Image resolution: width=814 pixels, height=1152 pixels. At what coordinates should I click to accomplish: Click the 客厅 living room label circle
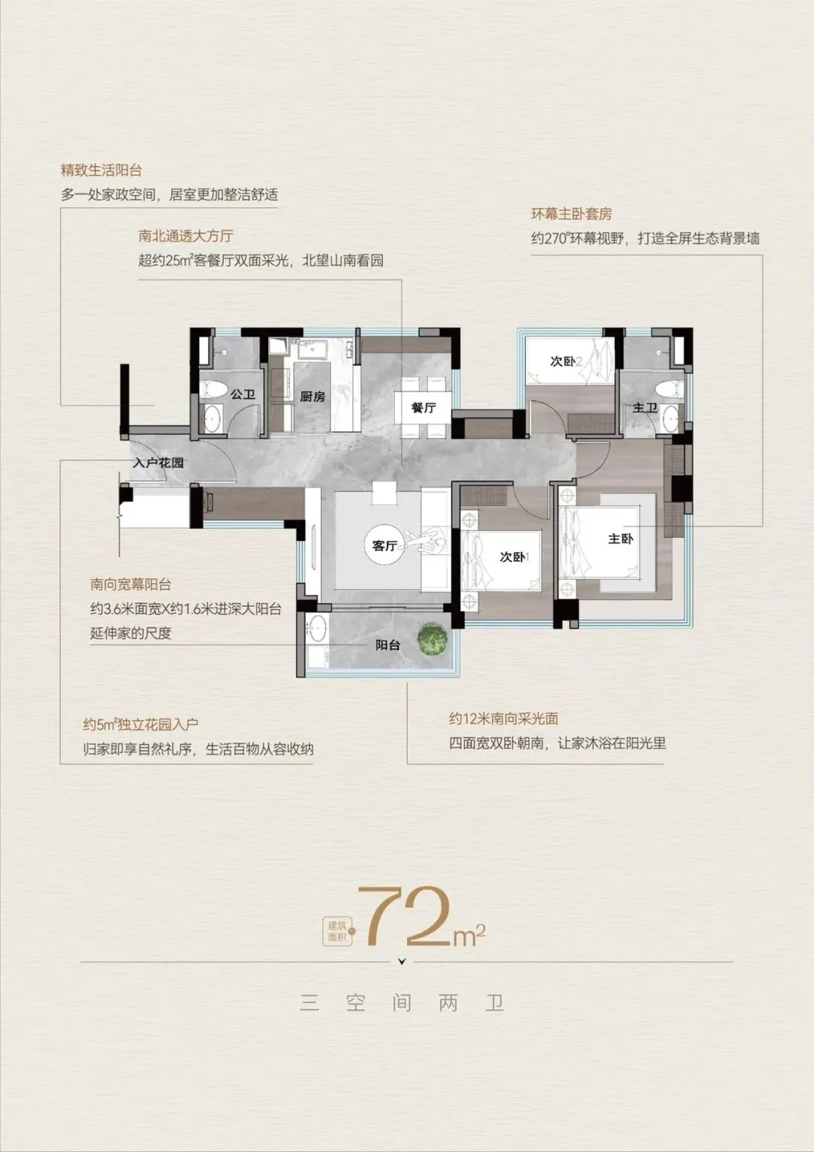coord(384,545)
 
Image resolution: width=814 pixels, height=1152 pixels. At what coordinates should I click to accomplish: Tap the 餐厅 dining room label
coord(423,408)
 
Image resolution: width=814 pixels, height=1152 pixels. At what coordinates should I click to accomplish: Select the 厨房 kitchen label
coord(313,397)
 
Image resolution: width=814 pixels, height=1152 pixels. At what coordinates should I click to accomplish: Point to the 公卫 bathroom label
coord(243,394)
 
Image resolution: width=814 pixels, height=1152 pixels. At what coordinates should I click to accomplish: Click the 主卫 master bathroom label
coord(645,408)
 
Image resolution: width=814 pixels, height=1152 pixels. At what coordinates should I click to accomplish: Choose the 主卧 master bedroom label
coord(620,538)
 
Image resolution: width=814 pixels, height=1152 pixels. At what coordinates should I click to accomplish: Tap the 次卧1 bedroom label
coord(515,556)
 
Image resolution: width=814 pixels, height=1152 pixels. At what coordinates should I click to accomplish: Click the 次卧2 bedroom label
coord(565,362)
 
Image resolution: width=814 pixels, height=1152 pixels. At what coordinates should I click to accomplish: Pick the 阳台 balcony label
coord(387,645)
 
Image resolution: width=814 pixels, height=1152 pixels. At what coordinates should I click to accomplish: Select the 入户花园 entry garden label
coord(158,462)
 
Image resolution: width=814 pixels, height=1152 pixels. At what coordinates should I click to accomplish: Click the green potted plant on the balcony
coord(432,639)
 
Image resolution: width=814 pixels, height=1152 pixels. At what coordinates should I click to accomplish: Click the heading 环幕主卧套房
coord(571,214)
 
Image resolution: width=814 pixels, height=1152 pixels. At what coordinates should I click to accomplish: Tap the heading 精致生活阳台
coord(101,170)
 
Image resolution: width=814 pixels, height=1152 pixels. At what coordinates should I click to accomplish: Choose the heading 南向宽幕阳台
coord(130,584)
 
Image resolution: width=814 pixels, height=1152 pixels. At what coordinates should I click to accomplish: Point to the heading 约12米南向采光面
coord(503,718)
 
